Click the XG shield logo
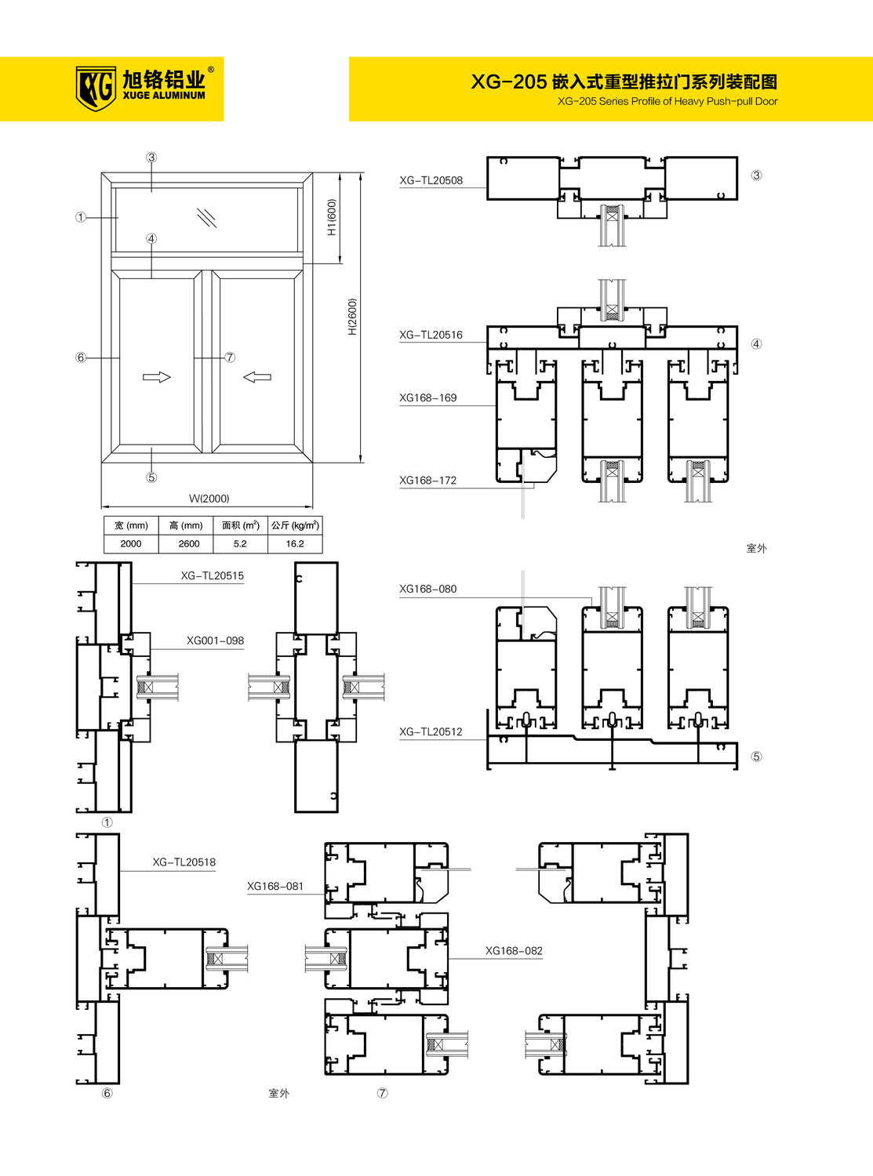point(96,89)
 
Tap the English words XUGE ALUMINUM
point(163,96)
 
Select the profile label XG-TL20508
point(431,180)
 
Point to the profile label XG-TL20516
point(431,335)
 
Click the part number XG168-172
point(427,481)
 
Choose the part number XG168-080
point(427,589)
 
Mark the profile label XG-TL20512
point(431,731)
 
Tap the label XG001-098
point(215,641)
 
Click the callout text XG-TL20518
point(184,862)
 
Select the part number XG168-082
point(514,951)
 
